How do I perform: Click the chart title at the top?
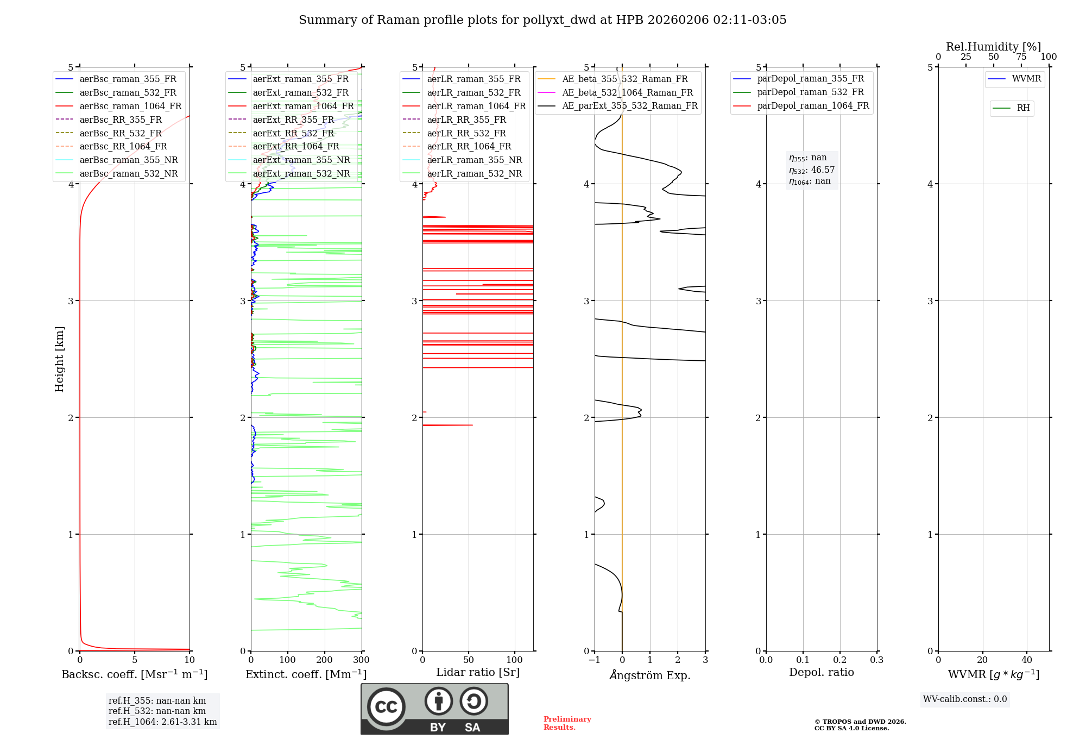(542, 20)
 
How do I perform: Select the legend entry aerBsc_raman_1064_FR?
(130, 106)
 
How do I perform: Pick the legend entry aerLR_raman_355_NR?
(474, 160)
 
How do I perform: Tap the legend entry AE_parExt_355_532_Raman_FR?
(630, 105)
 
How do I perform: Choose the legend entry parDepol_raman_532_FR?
(810, 92)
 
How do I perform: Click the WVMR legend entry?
(1026, 79)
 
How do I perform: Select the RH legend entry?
(1023, 108)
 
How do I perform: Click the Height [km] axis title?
(59, 359)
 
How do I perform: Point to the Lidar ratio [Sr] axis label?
(478, 672)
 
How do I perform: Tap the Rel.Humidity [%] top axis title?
(993, 47)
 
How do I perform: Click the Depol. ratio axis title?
(821, 672)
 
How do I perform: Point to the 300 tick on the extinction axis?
(362, 660)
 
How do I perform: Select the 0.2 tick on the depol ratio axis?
(840, 660)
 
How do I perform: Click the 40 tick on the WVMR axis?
(1026, 660)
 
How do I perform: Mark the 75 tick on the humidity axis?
(1021, 57)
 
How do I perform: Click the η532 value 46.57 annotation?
(812, 170)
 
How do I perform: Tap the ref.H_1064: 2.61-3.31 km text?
(162, 722)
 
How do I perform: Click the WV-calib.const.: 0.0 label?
(965, 699)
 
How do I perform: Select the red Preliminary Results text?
(567, 723)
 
